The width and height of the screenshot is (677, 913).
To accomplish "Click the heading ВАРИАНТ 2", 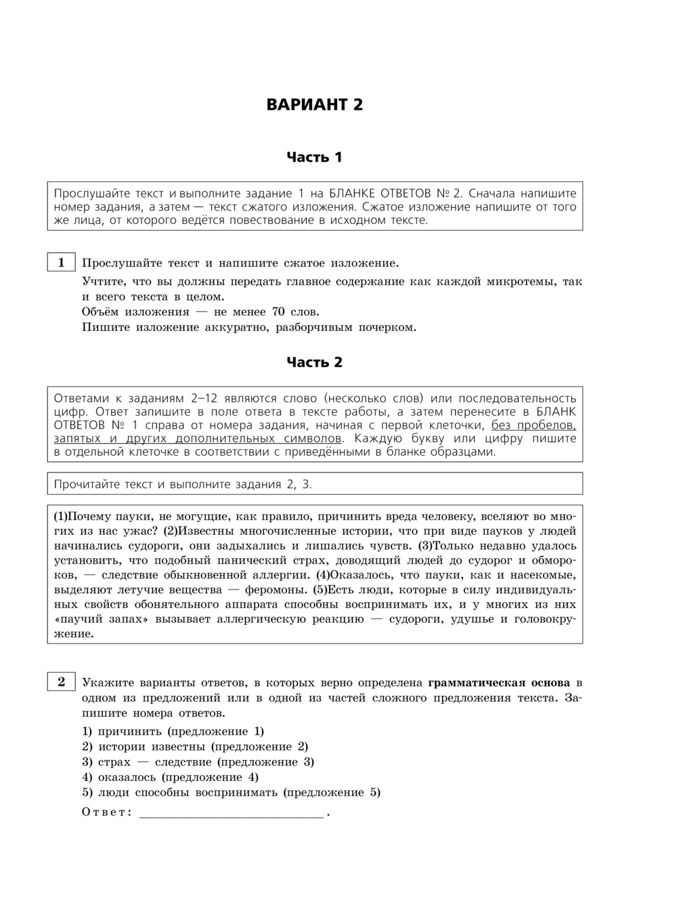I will coord(314,105).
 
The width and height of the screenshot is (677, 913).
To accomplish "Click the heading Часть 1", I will coord(314,158).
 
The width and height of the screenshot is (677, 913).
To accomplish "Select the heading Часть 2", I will coord(314,363).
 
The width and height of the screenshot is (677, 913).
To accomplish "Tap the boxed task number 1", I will coord(61,263).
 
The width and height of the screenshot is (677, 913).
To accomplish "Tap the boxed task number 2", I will coord(61,682).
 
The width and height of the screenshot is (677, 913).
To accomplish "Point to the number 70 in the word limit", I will coord(278,312).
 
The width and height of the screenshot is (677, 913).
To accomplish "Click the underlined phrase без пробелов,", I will coord(533,425).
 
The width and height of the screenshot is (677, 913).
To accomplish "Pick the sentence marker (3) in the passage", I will coord(425,545).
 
